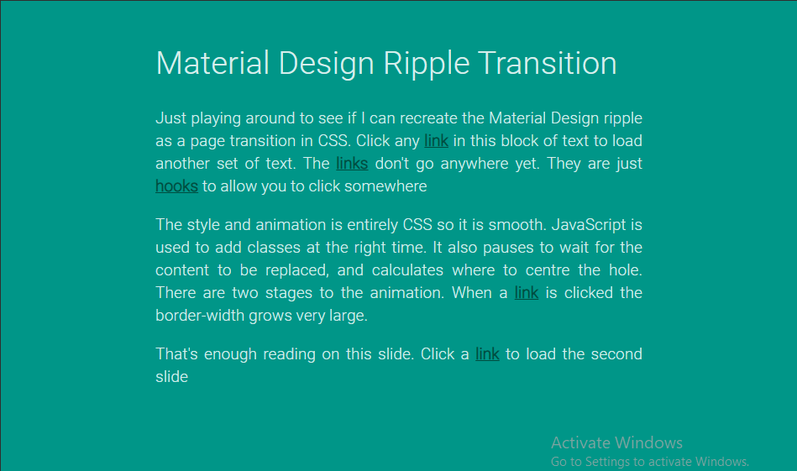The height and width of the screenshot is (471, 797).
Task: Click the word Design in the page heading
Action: click(326, 65)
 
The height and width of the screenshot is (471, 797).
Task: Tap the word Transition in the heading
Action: click(548, 63)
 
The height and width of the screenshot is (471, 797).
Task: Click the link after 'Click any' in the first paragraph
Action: click(436, 141)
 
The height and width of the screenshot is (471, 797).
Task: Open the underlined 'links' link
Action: click(352, 164)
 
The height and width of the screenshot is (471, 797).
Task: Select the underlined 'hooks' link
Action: click(176, 186)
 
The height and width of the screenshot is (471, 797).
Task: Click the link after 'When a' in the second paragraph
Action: click(526, 293)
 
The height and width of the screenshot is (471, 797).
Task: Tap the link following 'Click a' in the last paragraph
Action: click(487, 353)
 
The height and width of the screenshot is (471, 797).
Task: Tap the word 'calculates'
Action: click(407, 270)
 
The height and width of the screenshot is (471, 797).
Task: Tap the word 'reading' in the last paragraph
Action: click(289, 354)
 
